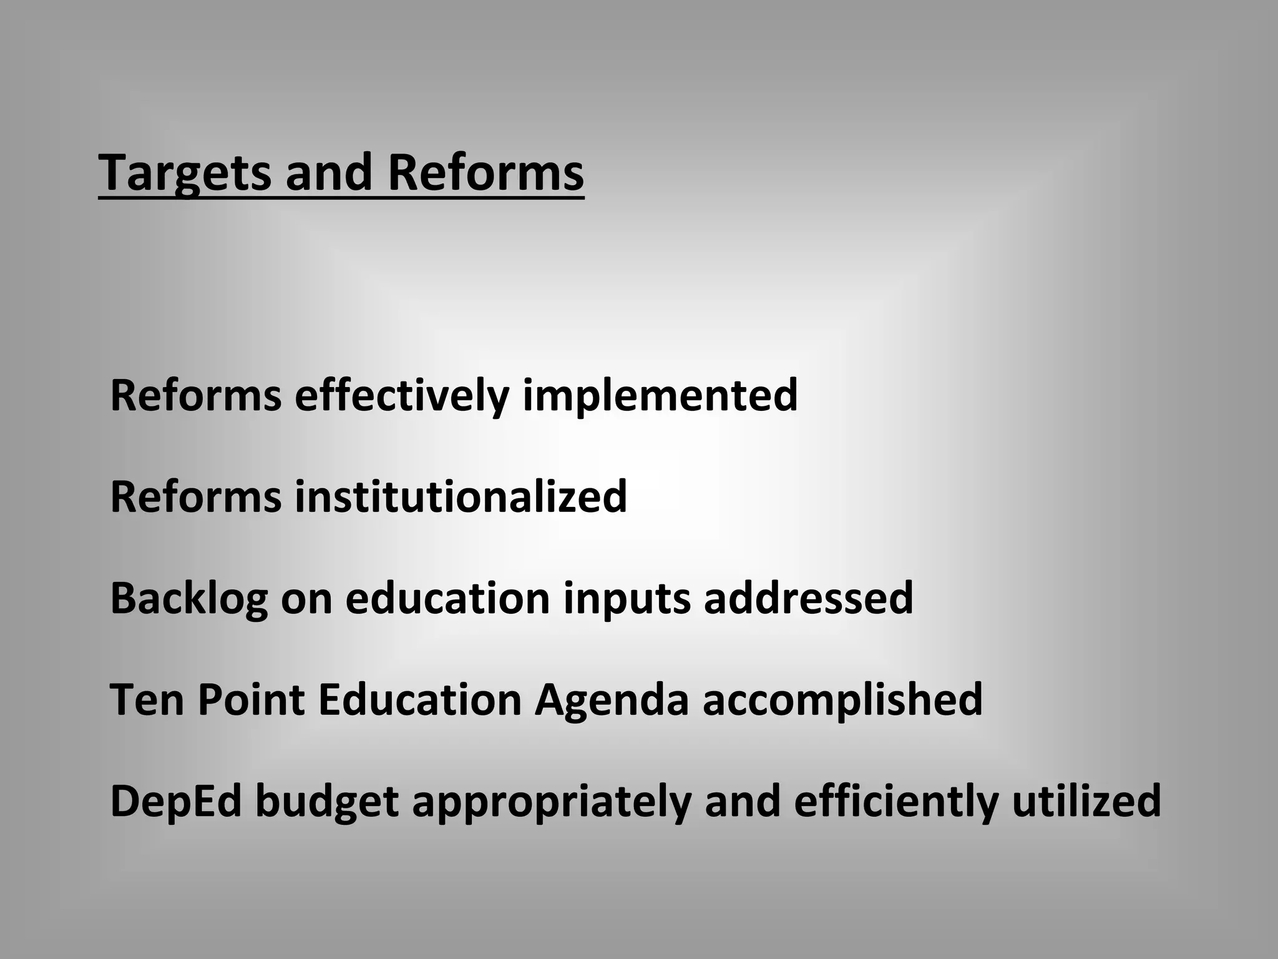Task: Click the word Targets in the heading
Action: point(185,173)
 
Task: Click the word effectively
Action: point(402,395)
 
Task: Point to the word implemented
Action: point(660,395)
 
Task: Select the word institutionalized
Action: point(461,496)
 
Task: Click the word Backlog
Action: point(189,598)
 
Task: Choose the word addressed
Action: point(808,598)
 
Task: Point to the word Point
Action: point(251,699)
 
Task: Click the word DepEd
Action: point(176,802)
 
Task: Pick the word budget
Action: point(327,802)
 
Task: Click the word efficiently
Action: point(896,802)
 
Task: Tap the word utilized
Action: point(1086,800)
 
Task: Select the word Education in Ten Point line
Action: point(419,699)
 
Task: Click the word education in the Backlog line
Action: point(447,598)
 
